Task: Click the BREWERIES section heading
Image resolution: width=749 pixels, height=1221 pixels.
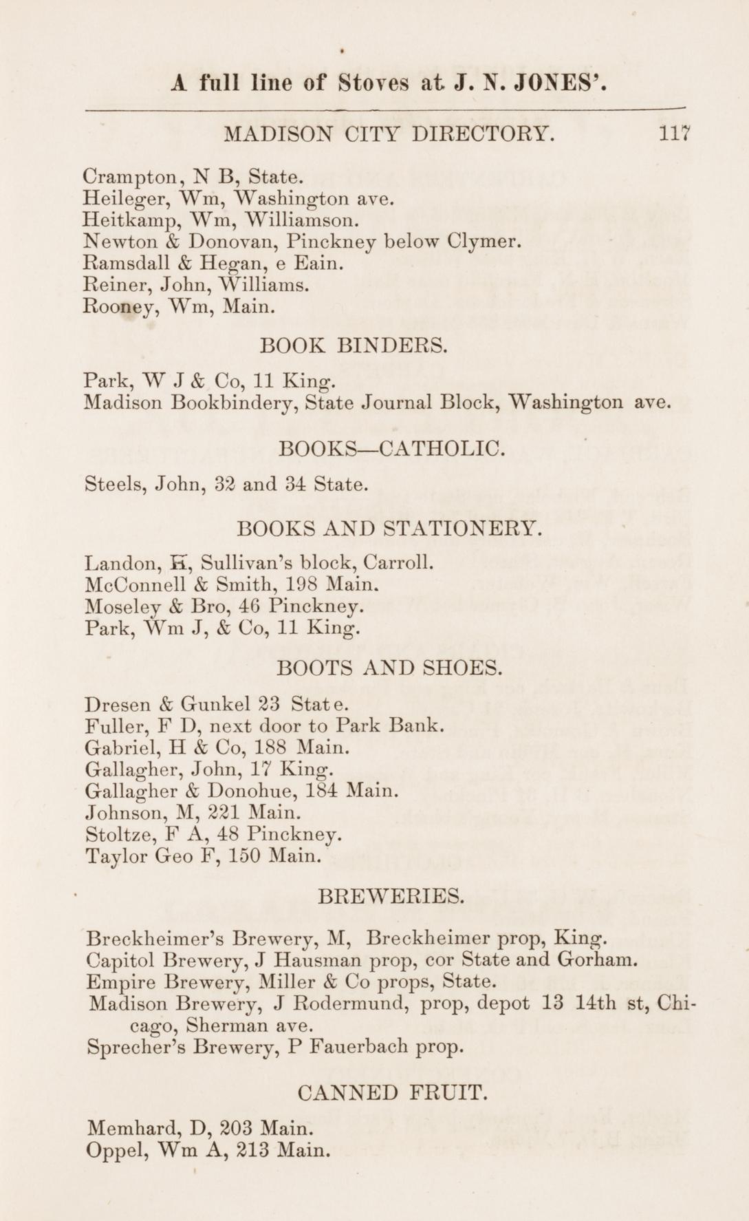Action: tap(391, 896)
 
